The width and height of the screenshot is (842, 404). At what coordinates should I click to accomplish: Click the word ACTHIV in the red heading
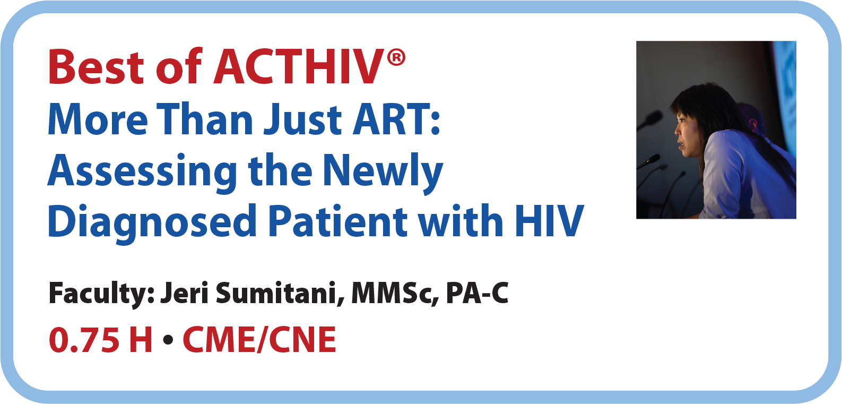(299, 67)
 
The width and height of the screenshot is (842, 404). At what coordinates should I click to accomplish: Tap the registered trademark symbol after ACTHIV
(396, 58)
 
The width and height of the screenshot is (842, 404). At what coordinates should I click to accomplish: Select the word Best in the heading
(96, 67)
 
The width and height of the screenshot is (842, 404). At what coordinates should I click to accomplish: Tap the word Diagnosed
(152, 222)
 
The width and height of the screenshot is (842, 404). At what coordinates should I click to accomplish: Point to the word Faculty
(101, 294)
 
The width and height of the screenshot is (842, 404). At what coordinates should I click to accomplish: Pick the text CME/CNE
(259, 340)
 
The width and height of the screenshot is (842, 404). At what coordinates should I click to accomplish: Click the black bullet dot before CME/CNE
(168, 340)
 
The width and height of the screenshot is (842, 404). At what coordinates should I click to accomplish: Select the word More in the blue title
(98, 119)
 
